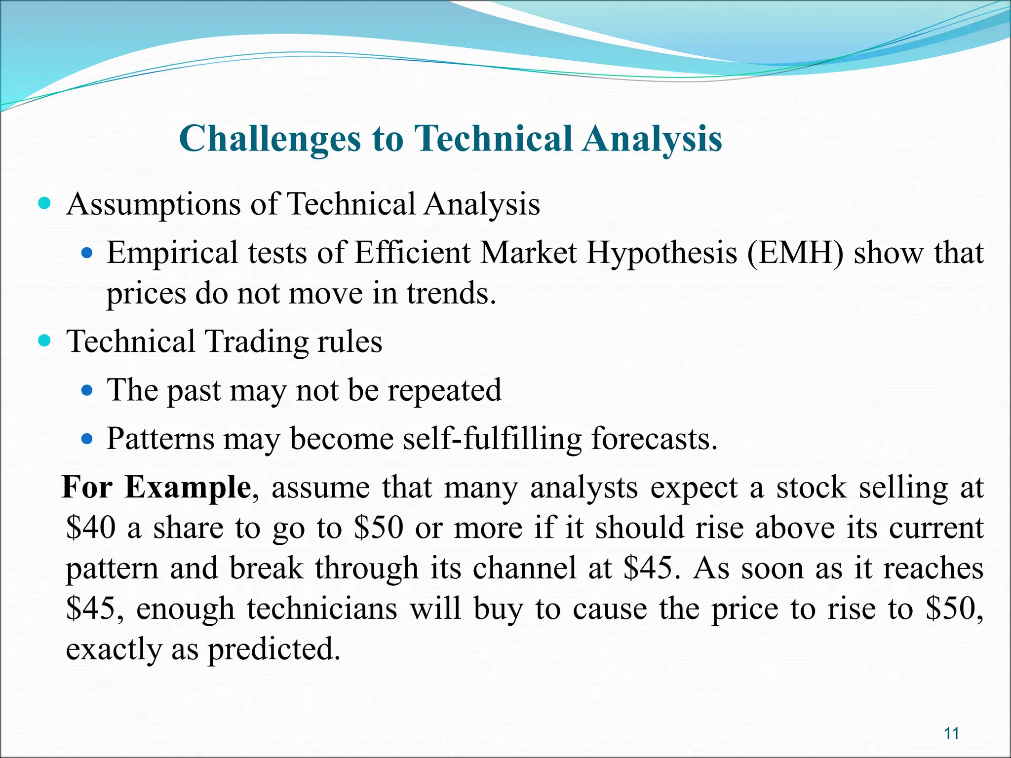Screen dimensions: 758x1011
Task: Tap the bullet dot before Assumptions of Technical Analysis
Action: click(44, 203)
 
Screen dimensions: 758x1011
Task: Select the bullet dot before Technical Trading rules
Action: click(44, 340)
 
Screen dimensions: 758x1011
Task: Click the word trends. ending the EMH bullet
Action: click(451, 293)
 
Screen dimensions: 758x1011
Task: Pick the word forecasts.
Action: click(654, 438)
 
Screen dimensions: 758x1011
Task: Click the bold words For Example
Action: click(156, 488)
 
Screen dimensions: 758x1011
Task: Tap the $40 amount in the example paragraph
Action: click(91, 528)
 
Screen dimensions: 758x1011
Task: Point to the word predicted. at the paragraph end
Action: click(274, 649)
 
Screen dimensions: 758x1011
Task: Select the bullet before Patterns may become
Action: click(87, 438)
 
